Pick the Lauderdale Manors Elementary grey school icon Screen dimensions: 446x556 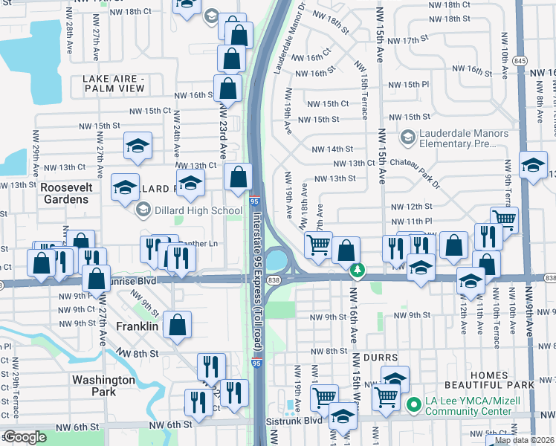[407, 138]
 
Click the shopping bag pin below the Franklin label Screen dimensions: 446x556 [178, 325]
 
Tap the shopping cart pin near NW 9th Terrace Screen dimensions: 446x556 [504, 219]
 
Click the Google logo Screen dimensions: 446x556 [25, 437]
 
